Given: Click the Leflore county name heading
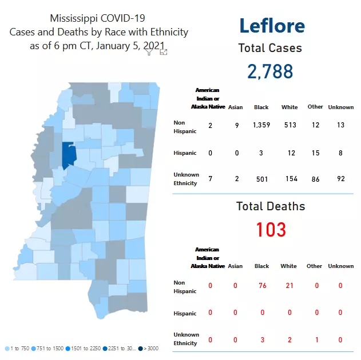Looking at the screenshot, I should pyautogui.click(x=272, y=26).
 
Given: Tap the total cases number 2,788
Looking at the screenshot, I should pyautogui.click(x=270, y=71).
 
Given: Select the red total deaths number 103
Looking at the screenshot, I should pyautogui.click(x=271, y=229).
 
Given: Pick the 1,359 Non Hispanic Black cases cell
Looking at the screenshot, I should pyautogui.click(x=261, y=125).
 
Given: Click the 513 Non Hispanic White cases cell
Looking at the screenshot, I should pyautogui.click(x=289, y=125).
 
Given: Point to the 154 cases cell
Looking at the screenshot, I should pyautogui.click(x=291, y=179).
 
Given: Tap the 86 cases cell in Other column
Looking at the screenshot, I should pyautogui.click(x=315, y=179).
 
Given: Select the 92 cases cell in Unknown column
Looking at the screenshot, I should pyautogui.click(x=341, y=179).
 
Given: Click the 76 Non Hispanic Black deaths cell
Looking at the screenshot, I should pyautogui.click(x=262, y=286).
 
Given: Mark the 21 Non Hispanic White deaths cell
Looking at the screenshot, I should pyautogui.click(x=289, y=286).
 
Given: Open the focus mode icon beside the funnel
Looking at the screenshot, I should pyautogui.click(x=164, y=52).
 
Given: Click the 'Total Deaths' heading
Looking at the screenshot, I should pyautogui.click(x=271, y=206).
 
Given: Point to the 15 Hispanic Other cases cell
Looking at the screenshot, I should pyautogui.click(x=315, y=153).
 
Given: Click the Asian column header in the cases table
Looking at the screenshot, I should pyautogui.click(x=235, y=107).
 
